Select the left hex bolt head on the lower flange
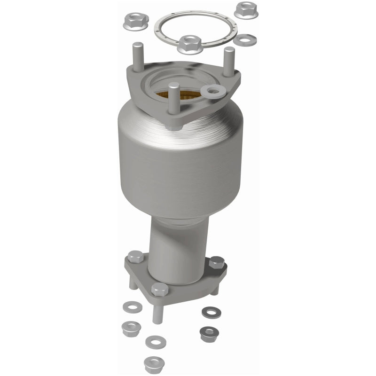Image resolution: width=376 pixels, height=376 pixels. click(x=135, y=257)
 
